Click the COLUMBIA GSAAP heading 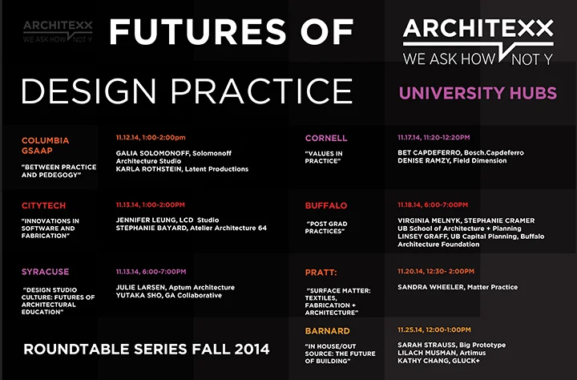(45, 147)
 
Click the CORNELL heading (326, 138)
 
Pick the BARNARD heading (328, 330)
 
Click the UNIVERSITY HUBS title (478, 93)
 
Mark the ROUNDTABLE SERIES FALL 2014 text (147, 349)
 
